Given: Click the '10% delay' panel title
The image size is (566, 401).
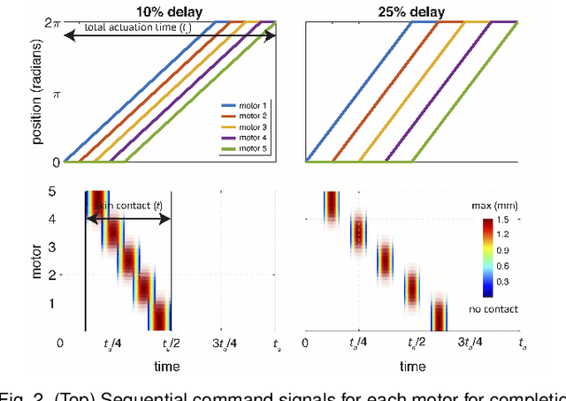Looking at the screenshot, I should point(171,11).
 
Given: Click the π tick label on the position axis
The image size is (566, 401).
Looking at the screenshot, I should point(54,93).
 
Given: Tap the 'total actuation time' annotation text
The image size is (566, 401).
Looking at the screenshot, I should point(137,28).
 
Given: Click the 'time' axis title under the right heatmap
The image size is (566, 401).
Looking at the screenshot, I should point(413,366).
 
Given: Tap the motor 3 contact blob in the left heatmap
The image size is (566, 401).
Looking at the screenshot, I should point(129,261).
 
